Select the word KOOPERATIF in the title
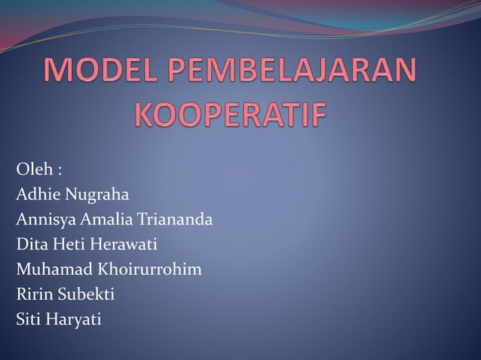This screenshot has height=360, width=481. pos(231,117)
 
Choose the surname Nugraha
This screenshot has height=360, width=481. pos(97,195)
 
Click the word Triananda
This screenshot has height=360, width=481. pos(176,219)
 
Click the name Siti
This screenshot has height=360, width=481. pos(29,319)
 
